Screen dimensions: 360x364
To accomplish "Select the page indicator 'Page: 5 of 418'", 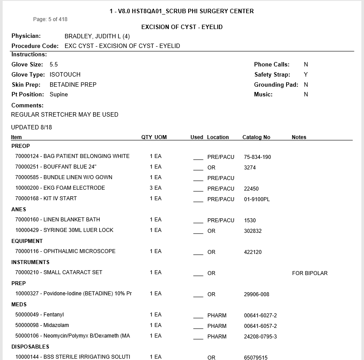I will coord(50,19).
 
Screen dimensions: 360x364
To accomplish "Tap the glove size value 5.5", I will coord(54,65).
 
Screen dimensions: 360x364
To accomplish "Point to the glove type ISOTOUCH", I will coord(65,75).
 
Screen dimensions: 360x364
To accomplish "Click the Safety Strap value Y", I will coord(306,75).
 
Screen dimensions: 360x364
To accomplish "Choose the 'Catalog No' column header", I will coord(256,137).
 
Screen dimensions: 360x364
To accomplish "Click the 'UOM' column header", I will coord(160,137).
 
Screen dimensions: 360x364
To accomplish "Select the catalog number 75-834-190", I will coord(257,157).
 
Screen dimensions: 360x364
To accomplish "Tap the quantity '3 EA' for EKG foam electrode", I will coord(156,188).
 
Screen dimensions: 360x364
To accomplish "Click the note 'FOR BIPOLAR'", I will coord(309,273).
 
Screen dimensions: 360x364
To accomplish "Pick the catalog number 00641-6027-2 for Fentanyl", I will coord(260,316).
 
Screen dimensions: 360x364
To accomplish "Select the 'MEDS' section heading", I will coord(19,305).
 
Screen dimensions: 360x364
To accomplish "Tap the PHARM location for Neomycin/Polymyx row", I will coord(217,337).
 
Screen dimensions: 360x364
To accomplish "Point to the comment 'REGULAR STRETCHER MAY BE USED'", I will coord(65,114).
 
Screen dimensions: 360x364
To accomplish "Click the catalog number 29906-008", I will coord(256,294).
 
